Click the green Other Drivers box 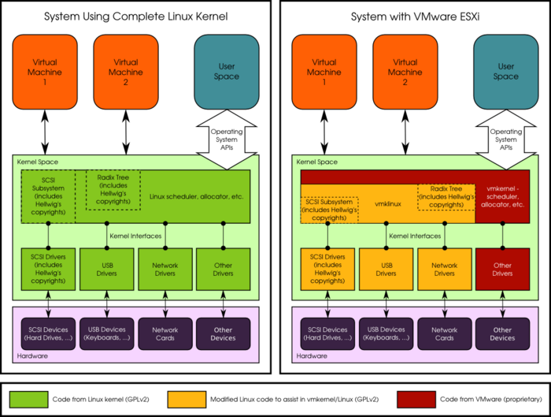[x=223, y=269]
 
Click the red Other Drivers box [x=502, y=269]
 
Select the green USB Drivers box [x=107, y=269]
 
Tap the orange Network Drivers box [x=444, y=269]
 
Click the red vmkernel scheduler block [x=505, y=197]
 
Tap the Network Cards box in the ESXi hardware [x=444, y=334]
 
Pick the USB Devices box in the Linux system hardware [x=107, y=334]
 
